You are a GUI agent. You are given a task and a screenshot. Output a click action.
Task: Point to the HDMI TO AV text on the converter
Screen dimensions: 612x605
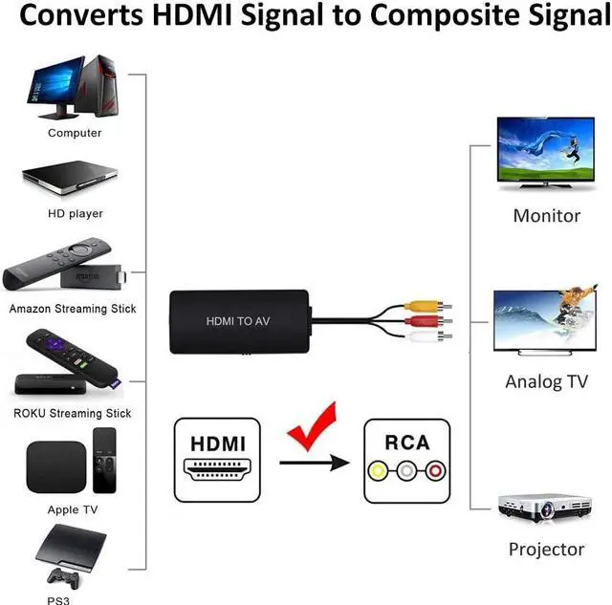click(237, 321)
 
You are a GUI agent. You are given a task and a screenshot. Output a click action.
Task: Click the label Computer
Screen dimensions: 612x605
click(75, 133)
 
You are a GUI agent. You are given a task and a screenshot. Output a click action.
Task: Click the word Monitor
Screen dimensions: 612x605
click(546, 216)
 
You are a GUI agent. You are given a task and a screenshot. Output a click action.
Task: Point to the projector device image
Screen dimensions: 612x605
click(542, 507)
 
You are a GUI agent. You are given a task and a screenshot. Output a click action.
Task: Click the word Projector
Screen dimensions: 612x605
click(546, 550)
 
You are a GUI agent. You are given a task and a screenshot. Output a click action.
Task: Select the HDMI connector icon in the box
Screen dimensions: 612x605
click(218, 472)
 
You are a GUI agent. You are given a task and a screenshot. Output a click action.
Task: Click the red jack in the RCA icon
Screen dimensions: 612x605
click(436, 470)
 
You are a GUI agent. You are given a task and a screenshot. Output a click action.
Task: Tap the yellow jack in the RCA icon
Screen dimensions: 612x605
click(381, 470)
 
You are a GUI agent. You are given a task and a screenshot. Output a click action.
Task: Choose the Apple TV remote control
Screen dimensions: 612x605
click(104, 459)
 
